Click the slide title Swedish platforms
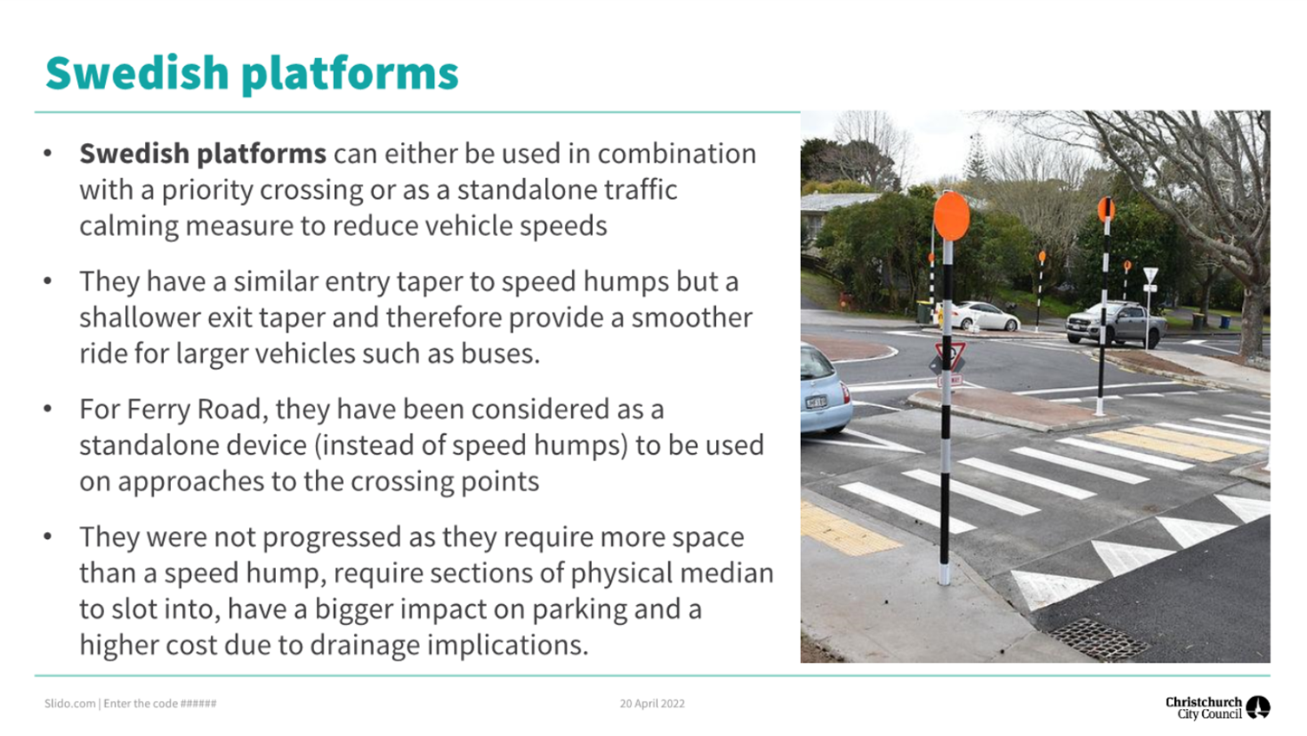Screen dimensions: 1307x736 click(x=252, y=74)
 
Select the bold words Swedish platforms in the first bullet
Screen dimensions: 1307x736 click(x=202, y=154)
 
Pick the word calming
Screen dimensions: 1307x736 click(x=128, y=227)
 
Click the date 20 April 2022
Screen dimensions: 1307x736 click(x=652, y=704)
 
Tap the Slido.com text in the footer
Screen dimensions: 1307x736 click(x=70, y=704)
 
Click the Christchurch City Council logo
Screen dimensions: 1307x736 click(x=1218, y=708)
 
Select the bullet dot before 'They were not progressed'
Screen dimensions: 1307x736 click(x=48, y=536)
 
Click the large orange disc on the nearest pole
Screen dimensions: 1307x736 click(x=951, y=216)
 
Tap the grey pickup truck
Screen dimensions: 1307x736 click(x=1115, y=324)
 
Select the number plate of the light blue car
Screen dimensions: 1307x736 click(x=815, y=402)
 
